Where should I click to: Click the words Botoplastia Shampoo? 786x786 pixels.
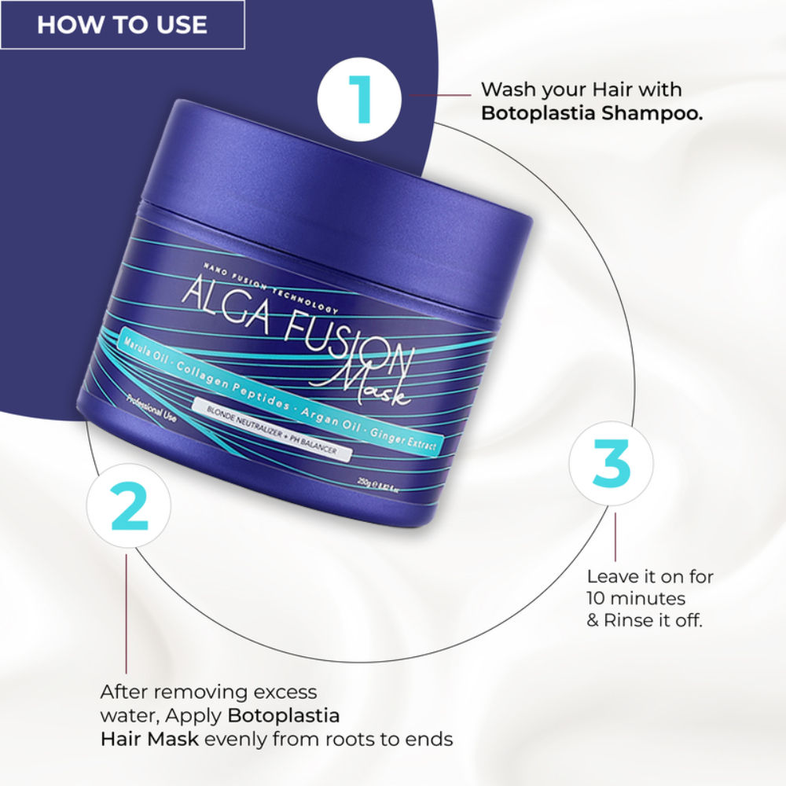click(x=591, y=112)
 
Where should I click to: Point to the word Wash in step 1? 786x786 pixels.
click(x=505, y=89)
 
